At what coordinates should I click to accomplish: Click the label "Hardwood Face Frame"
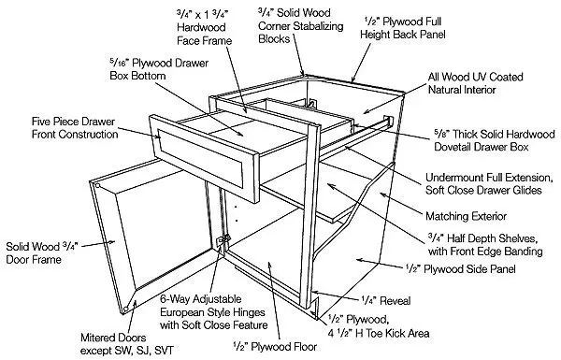click(x=204, y=27)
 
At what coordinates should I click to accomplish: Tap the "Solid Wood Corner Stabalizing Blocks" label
click(x=300, y=26)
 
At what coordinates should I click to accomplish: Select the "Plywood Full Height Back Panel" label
click(x=403, y=28)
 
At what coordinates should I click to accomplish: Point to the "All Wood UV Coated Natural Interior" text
click(x=476, y=83)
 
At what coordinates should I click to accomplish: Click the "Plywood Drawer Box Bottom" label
click(x=159, y=69)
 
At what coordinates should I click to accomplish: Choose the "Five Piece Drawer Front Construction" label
click(x=75, y=128)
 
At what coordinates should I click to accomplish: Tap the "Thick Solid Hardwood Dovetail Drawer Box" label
click(x=495, y=140)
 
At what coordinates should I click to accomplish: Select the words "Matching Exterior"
click(x=466, y=216)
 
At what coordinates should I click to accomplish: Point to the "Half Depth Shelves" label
click(x=485, y=244)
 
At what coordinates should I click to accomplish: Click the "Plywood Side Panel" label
click(x=461, y=268)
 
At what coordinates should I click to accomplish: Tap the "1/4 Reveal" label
click(x=385, y=300)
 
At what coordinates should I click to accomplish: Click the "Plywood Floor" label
click(x=275, y=346)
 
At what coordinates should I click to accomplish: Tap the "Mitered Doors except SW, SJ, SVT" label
click(x=127, y=344)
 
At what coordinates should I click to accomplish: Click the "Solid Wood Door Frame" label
click(x=41, y=252)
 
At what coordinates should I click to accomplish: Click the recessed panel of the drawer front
click(x=201, y=157)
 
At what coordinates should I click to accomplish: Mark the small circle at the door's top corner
click(x=97, y=186)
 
